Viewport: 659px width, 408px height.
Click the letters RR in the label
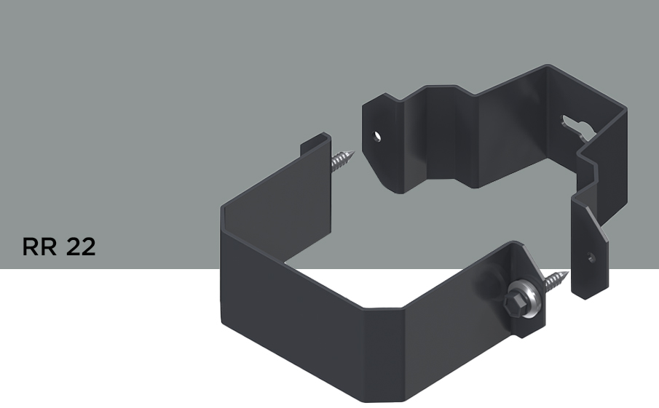click(39, 247)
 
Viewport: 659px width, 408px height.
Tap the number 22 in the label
click(81, 247)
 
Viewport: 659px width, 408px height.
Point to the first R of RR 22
click(30, 247)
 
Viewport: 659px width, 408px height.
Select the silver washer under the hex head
click(525, 298)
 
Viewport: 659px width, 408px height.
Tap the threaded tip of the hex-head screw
click(556, 280)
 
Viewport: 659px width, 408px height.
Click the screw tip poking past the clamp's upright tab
click(342, 160)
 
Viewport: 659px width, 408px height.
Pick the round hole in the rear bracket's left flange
click(377, 137)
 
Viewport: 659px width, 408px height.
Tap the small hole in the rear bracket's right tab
click(591, 257)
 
